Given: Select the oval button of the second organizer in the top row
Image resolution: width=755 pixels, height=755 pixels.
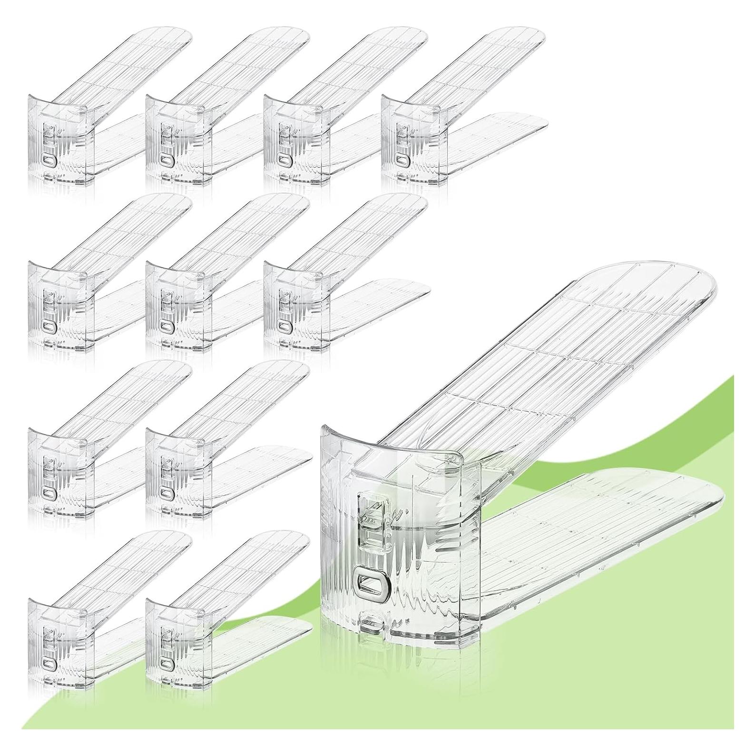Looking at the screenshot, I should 166,161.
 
